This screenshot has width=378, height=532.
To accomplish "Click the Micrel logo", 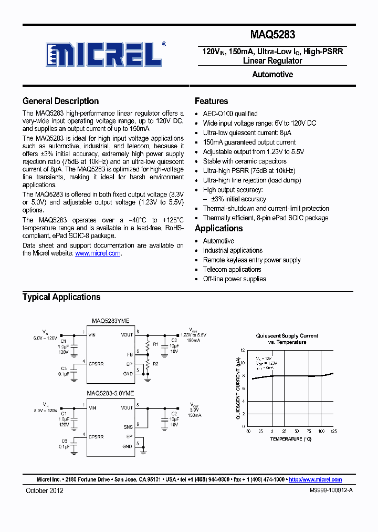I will click(x=104, y=54).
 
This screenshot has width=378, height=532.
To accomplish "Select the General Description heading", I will click(x=60, y=101).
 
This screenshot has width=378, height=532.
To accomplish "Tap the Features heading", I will click(x=211, y=101).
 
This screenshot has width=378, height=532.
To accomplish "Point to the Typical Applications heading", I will click(x=61, y=297).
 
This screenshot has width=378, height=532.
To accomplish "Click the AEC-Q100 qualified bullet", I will click(x=230, y=114).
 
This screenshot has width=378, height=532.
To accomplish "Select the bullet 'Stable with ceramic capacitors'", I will click(x=245, y=161).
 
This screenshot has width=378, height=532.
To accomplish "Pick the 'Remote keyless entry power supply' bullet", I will click(x=251, y=260).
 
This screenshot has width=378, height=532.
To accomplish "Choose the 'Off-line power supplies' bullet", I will click(x=234, y=279).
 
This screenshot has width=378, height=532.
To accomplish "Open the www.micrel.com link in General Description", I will click(x=98, y=253).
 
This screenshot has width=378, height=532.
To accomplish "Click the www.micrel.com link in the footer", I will click(x=316, y=479).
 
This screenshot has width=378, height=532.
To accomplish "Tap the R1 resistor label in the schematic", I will click(x=140, y=344).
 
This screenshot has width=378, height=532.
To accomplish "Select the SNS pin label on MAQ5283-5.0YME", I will click(x=128, y=427).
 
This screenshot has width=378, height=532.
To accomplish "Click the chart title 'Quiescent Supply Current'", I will click(x=287, y=335).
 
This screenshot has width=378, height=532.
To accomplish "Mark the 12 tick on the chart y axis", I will click(x=243, y=350).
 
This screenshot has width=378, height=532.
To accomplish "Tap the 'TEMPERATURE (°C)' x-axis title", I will click(x=291, y=438).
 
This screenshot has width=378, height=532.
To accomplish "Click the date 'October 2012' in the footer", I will click(x=45, y=490).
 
